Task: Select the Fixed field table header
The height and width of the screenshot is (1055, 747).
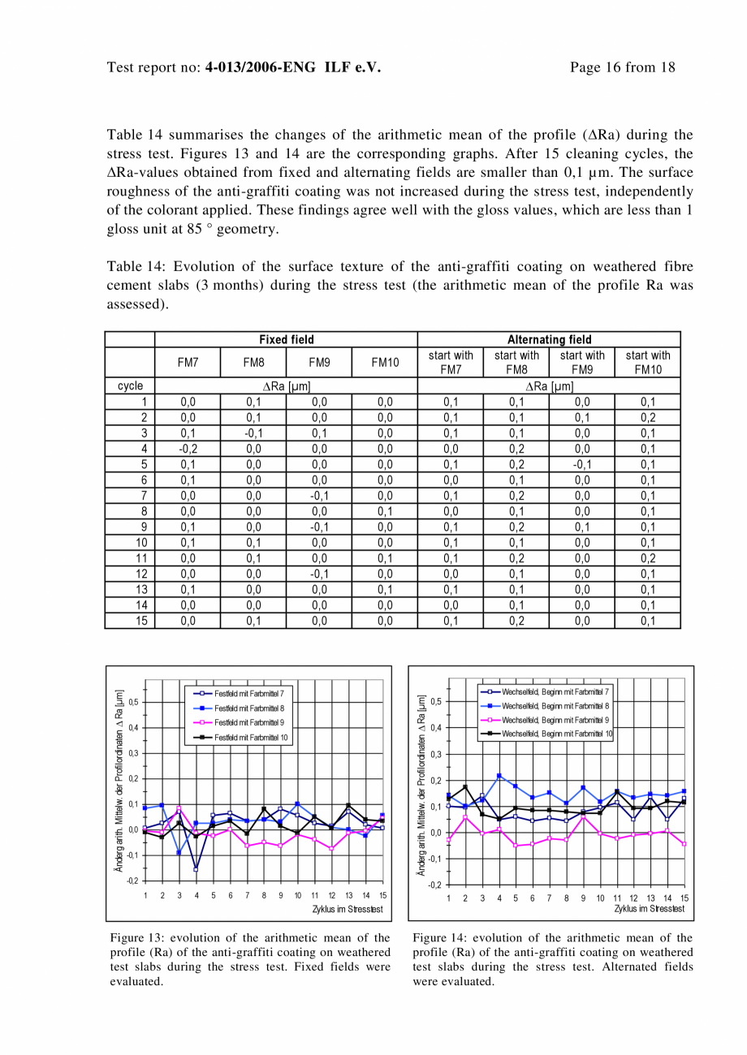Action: coord(286,339)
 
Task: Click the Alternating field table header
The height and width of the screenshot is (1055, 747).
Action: coord(549,339)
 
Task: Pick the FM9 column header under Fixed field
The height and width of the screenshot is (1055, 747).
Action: coord(318,363)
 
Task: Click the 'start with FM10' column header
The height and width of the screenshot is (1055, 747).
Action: coord(647,363)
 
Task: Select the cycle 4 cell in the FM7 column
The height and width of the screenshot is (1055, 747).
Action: coord(188,448)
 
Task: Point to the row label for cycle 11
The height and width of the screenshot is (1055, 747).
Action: coord(141,558)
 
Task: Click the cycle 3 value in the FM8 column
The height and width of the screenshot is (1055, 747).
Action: coord(253,433)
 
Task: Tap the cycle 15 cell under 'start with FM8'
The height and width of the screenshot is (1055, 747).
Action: coord(516,621)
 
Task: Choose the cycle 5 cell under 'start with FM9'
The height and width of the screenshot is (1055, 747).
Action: coord(581,464)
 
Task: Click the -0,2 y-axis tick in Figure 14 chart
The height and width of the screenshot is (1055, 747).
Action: coord(436,885)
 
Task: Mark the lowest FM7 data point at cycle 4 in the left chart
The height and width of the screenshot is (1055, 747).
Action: coord(196,869)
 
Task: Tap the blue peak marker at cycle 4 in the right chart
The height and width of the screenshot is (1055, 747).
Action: coord(499,776)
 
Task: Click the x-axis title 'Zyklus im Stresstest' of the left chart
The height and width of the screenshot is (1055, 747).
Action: coord(348,909)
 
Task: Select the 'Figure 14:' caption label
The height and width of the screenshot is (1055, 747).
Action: coord(438,938)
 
